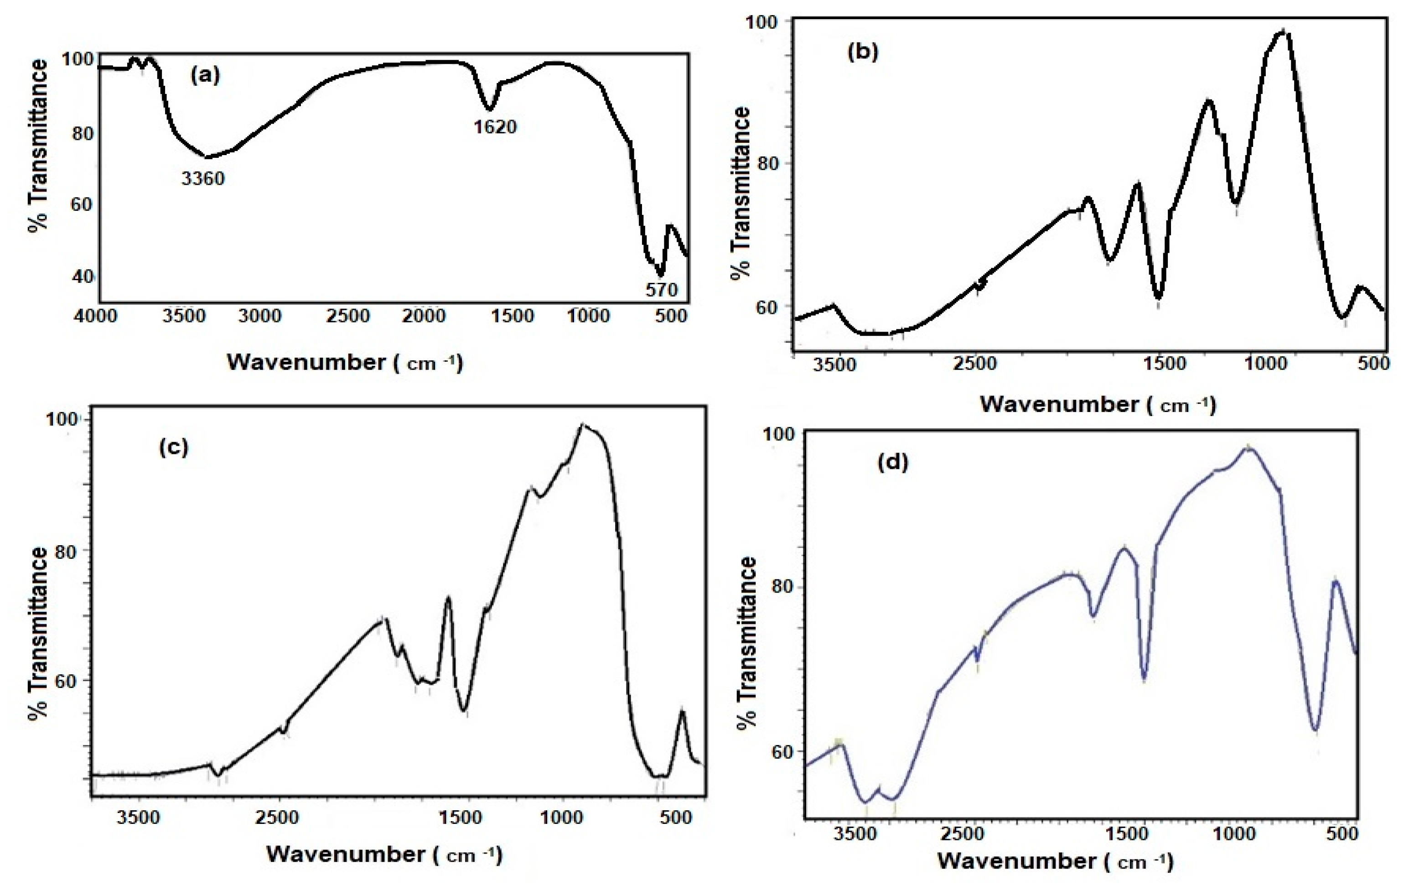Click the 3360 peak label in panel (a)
click(202, 178)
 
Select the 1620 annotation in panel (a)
click(495, 126)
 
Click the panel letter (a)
click(205, 75)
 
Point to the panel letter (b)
click(862, 52)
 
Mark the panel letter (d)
click(893, 463)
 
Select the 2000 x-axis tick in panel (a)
click(423, 316)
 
